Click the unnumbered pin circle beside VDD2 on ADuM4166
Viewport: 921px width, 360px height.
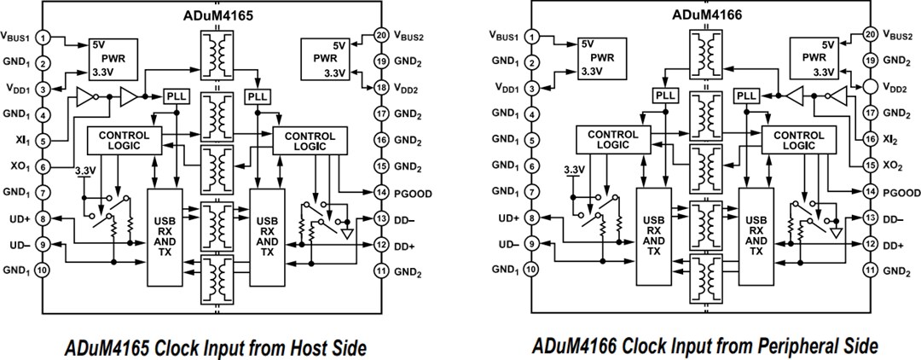869,88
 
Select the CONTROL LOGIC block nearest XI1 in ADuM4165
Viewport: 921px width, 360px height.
124,140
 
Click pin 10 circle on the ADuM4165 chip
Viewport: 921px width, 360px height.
43,270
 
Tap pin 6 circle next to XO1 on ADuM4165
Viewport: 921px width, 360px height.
43,166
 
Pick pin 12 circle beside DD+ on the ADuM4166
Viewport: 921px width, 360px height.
869,245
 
